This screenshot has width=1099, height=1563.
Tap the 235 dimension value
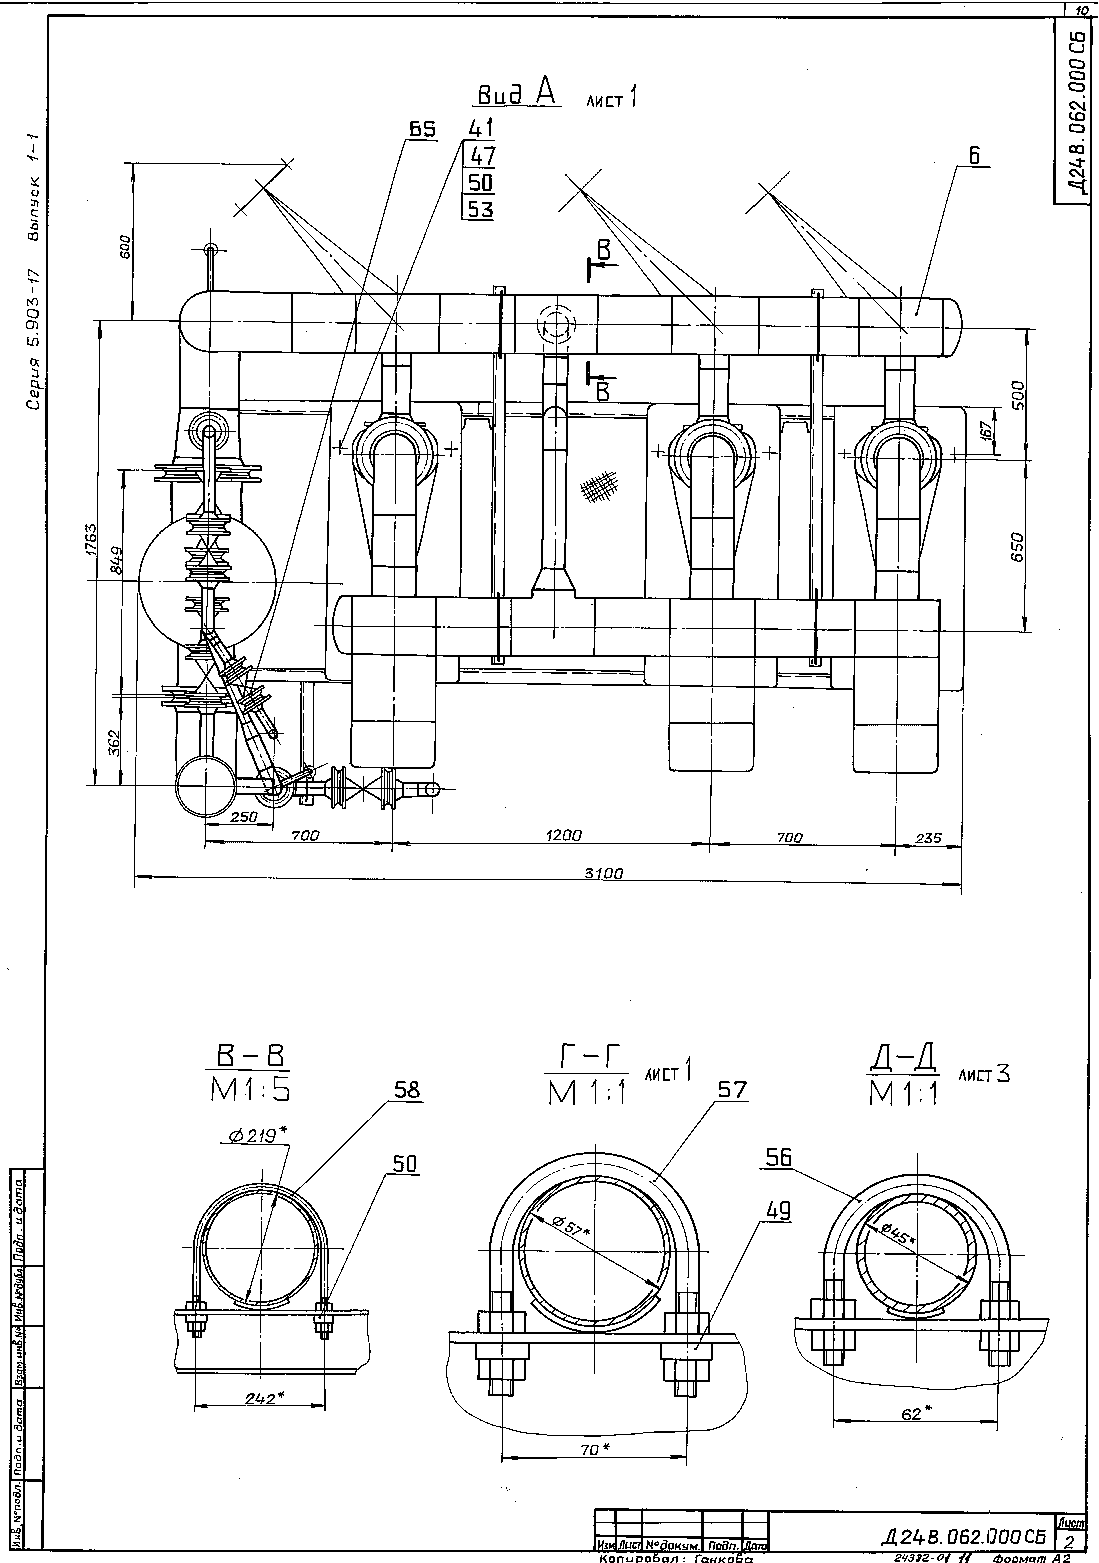[x=928, y=838]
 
